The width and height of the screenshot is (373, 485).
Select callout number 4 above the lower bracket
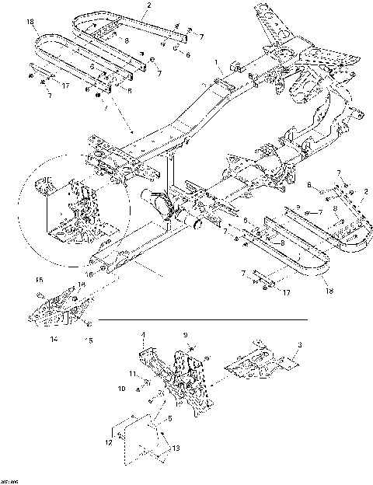(x=143, y=336)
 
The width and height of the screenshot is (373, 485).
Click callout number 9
(x=186, y=336)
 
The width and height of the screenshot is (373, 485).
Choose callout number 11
(x=131, y=375)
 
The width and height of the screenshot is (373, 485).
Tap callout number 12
(x=109, y=441)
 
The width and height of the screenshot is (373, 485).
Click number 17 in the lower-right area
(x=266, y=294)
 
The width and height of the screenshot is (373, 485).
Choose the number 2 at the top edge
(x=148, y=5)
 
